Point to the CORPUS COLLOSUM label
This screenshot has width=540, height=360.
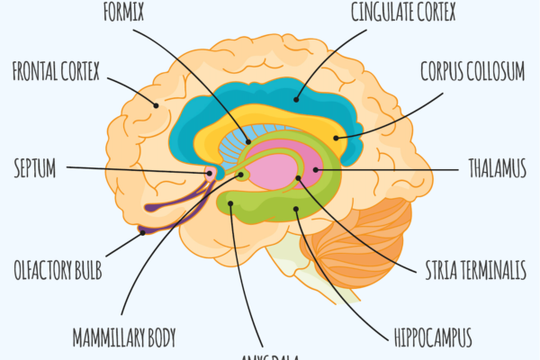pos(472,72)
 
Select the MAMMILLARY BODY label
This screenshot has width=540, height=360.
pos(124,338)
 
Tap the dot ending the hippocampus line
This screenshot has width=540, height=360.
pos(296,211)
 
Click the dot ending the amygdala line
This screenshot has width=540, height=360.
pos(230,205)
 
